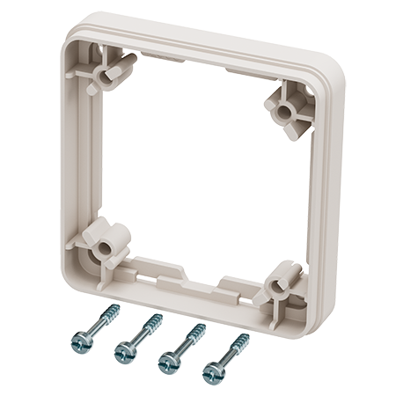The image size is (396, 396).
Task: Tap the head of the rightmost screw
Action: pos(211,375)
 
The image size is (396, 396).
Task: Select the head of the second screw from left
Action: pos(124,354)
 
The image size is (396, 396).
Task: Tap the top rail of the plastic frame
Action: pos(202,50)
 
